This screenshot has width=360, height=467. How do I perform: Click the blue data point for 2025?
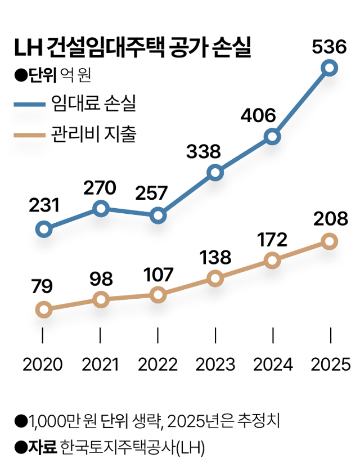point(330,68)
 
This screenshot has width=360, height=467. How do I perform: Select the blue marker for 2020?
point(43,229)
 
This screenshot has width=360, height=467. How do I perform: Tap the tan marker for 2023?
point(215,278)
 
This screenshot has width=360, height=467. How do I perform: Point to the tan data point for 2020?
point(43,309)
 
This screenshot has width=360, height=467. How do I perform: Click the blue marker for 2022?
point(158,215)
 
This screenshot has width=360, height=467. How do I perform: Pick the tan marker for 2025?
point(330,241)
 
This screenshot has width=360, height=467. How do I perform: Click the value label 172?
point(271,240)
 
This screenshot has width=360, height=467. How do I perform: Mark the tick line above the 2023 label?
point(215,336)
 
